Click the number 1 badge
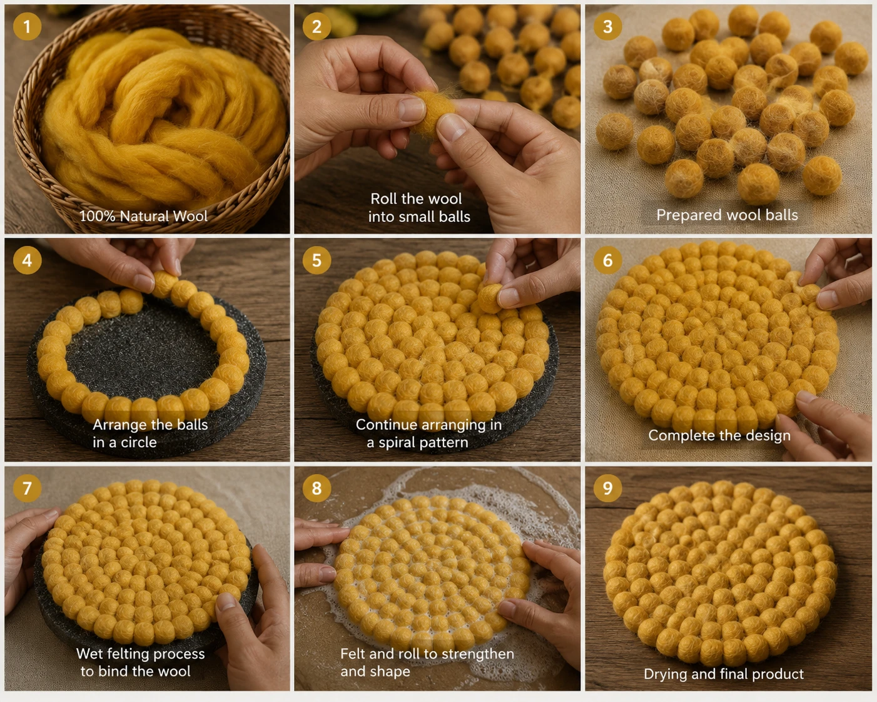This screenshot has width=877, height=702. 27,26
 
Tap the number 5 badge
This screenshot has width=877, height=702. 317,260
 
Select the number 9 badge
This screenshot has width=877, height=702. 607,488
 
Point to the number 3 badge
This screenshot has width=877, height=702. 607,26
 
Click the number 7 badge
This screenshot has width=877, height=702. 27,488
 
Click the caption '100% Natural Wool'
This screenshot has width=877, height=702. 143,216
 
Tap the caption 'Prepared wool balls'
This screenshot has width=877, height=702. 727,215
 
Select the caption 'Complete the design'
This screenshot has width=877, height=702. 719,435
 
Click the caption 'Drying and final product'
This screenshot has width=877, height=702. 724,674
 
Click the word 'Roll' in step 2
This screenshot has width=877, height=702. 384,199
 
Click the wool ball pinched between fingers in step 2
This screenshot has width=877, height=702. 433,113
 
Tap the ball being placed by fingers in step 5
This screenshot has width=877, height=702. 490,299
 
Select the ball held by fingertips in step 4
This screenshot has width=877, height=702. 165,284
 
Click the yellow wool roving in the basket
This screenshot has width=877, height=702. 163,118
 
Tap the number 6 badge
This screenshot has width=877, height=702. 607,260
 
